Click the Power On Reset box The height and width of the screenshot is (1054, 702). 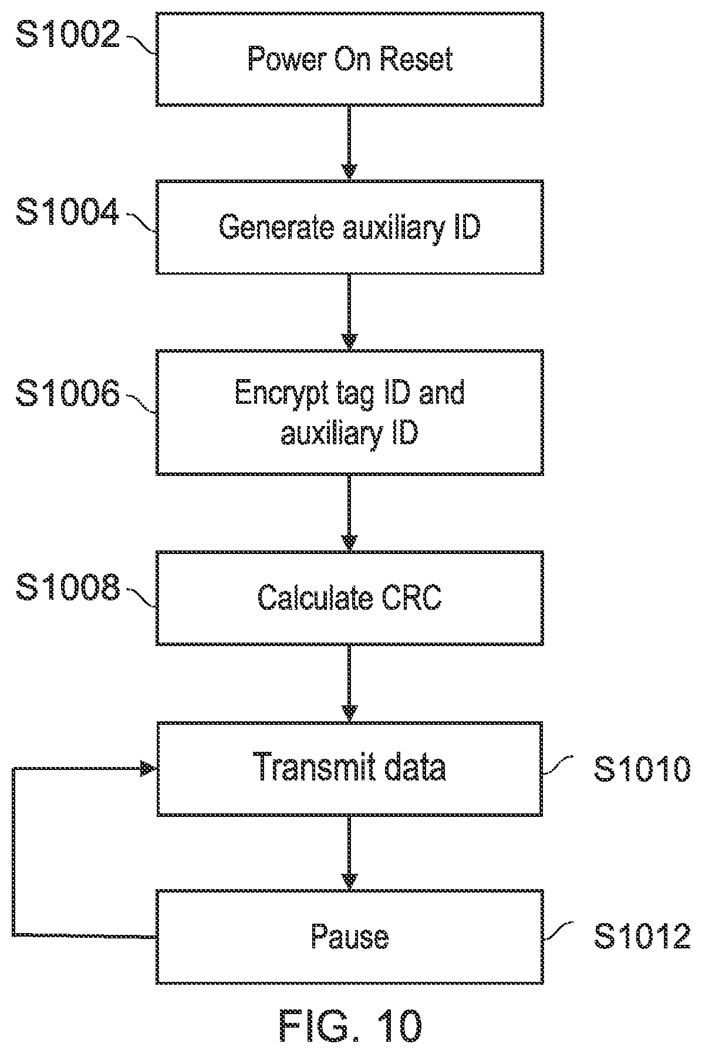349,59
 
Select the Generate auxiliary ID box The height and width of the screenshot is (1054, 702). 349,227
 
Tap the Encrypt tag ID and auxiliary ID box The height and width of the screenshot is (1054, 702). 349,412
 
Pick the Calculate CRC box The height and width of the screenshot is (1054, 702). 349,598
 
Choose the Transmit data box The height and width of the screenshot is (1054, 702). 349,769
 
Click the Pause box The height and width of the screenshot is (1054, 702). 349,937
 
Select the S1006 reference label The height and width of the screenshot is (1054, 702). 67,393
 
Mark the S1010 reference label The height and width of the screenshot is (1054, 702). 642,769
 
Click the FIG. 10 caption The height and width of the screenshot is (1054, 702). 350,1024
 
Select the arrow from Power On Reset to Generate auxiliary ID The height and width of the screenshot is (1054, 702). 349,143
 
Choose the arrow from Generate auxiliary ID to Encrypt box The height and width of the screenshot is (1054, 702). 349,312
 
